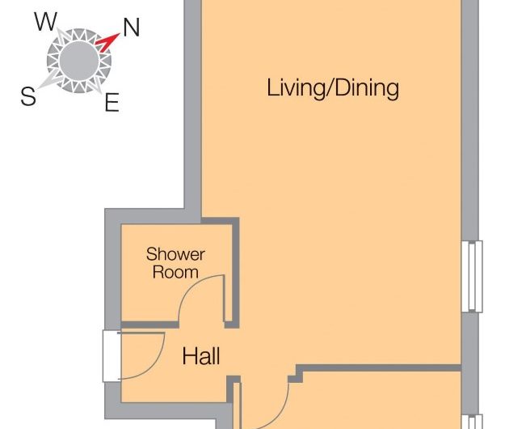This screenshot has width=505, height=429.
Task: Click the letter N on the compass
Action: tap(131, 28)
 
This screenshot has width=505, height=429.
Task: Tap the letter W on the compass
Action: tap(45, 22)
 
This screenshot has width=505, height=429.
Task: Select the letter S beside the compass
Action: tap(27, 97)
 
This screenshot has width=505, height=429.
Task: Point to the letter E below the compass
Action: tap(112, 102)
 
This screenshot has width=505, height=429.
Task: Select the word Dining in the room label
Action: tap(364, 88)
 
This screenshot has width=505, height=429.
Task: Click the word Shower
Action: tap(175, 254)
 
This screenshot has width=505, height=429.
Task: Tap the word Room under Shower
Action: tap(175, 272)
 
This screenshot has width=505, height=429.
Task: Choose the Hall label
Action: tap(201, 356)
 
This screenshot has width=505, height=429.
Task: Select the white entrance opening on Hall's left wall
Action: tap(111, 355)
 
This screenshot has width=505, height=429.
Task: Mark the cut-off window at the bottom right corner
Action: tap(473, 421)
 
